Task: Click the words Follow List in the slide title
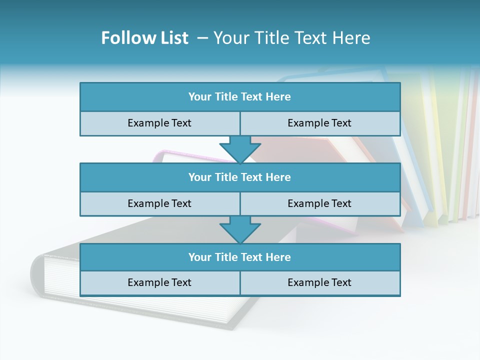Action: click(x=144, y=38)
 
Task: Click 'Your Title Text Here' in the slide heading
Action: click(x=292, y=38)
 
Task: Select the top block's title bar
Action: click(x=239, y=97)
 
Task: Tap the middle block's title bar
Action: click(x=239, y=177)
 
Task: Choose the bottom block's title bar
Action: click(x=239, y=257)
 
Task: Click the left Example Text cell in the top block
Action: click(x=159, y=123)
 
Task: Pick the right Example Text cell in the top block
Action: click(x=319, y=123)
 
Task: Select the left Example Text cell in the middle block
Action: click(x=159, y=203)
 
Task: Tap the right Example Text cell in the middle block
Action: click(x=319, y=203)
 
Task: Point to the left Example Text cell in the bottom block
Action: click(x=159, y=282)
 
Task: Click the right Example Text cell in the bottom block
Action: click(x=319, y=282)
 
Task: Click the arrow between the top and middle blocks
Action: click(x=240, y=149)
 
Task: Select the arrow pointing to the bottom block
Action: click(x=240, y=229)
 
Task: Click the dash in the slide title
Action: click(x=202, y=38)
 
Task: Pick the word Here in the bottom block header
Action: click(x=278, y=257)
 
